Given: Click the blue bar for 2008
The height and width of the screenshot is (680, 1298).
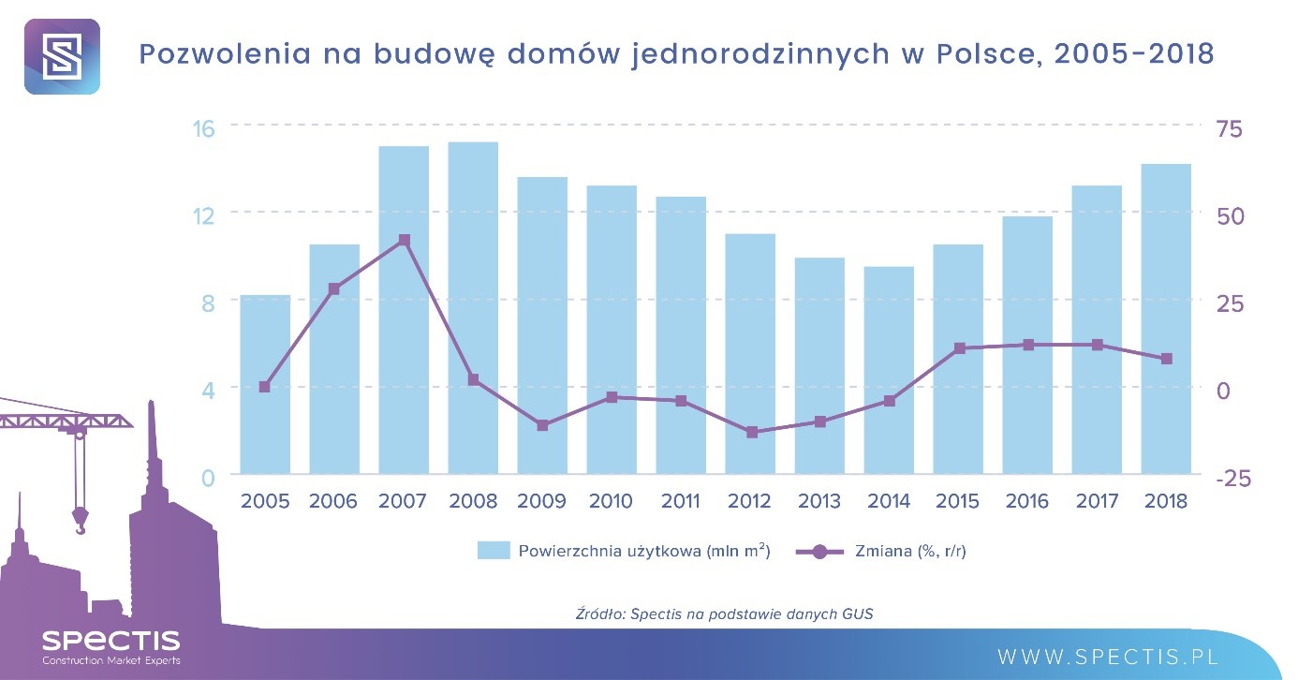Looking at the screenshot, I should point(473,308).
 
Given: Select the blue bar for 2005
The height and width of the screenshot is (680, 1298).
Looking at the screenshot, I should point(265,384).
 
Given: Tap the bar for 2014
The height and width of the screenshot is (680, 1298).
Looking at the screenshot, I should point(889,370).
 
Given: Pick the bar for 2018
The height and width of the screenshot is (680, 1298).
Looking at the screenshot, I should point(1166,318).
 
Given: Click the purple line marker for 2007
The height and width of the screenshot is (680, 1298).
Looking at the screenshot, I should point(404,241).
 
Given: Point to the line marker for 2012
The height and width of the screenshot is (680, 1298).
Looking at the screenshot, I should point(750,433).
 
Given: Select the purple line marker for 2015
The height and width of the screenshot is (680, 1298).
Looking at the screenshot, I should point(959,348).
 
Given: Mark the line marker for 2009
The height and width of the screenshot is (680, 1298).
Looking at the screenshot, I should point(542,425).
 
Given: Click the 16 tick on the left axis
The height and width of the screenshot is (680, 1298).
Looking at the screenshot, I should point(204,127).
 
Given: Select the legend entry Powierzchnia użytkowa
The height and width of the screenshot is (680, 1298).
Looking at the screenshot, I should point(624,551).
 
